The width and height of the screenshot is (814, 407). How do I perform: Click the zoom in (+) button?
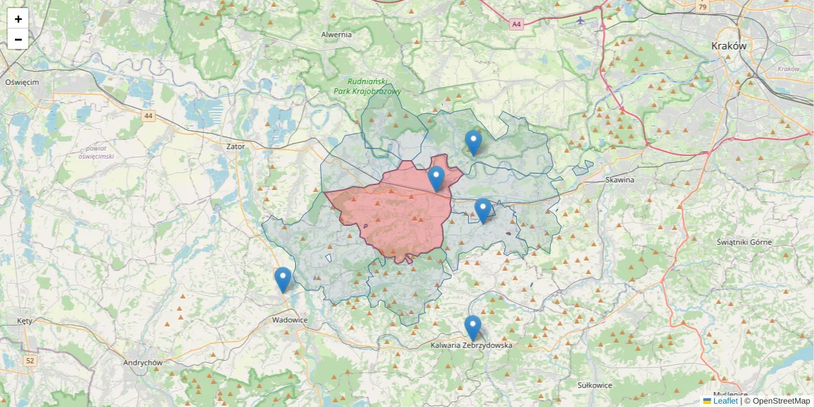pyautogui.click(x=18, y=19)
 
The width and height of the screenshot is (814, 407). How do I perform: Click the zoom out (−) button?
pyautogui.click(x=18, y=39)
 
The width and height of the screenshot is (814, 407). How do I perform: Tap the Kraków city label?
pyautogui.click(x=729, y=46)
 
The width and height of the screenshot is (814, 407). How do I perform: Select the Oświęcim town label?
pyautogui.click(x=22, y=82)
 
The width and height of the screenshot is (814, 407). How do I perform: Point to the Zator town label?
pyautogui.click(x=235, y=146)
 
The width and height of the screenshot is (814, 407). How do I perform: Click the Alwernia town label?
pyautogui.click(x=336, y=35)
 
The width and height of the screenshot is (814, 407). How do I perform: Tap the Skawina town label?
pyautogui.click(x=620, y=180)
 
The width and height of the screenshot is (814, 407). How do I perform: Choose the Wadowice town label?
pyautogui.click(x=290, y=320)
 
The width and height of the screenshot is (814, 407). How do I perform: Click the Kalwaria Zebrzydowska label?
pyautogui.click(x=472, y=345)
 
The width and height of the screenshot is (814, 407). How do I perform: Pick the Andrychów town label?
pyautogui.click(x=143, y=363)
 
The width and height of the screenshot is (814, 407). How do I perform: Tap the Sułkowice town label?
pyautogui.click(x=595, y=385)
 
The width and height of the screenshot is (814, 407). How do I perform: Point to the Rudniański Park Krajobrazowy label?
pyautogui.click(x=368, y=86)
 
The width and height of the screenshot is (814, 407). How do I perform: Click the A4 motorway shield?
pyautogui.click(x=517, y=24)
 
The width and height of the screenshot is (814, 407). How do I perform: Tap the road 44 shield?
pyautogui.click(x=149, y=116)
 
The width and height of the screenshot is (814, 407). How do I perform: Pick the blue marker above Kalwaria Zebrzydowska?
pyautogui.click(x=473, y=328)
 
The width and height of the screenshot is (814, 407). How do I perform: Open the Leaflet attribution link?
pyautogui.click(x=725, y=401)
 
